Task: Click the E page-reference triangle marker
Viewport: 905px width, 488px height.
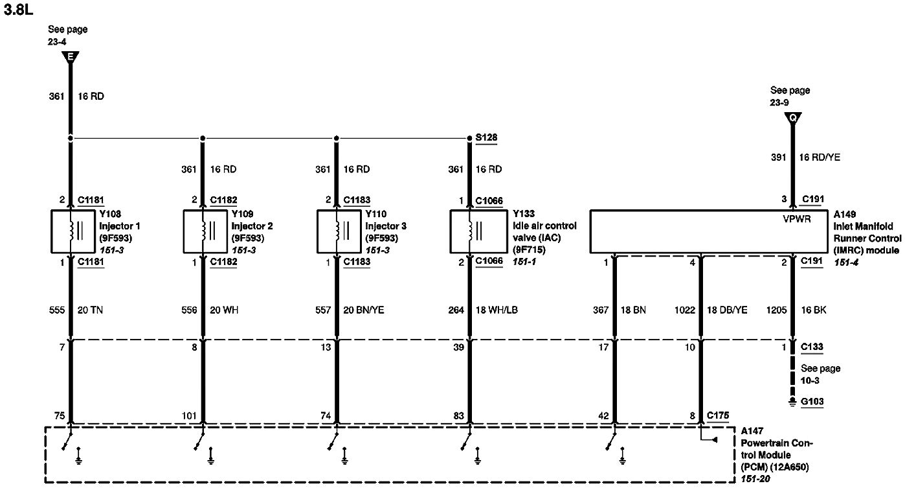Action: (71, 57)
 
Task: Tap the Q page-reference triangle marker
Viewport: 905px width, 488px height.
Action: (792, 117)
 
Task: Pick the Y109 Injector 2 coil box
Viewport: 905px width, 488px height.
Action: (203, 231)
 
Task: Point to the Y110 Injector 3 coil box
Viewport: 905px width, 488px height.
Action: (337, 231)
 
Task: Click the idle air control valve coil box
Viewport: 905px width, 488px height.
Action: (470, 231)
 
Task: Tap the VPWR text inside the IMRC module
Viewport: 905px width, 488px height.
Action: (798, 219)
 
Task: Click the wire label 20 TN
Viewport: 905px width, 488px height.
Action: (92, 310)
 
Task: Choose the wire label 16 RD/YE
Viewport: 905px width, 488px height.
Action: (820, 157)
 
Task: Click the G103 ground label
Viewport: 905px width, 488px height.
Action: (812, 402)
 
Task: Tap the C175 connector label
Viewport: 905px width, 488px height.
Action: (719, 415)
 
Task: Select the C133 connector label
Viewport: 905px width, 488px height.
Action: (812, 347)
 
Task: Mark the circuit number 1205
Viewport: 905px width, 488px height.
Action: (776, 310)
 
